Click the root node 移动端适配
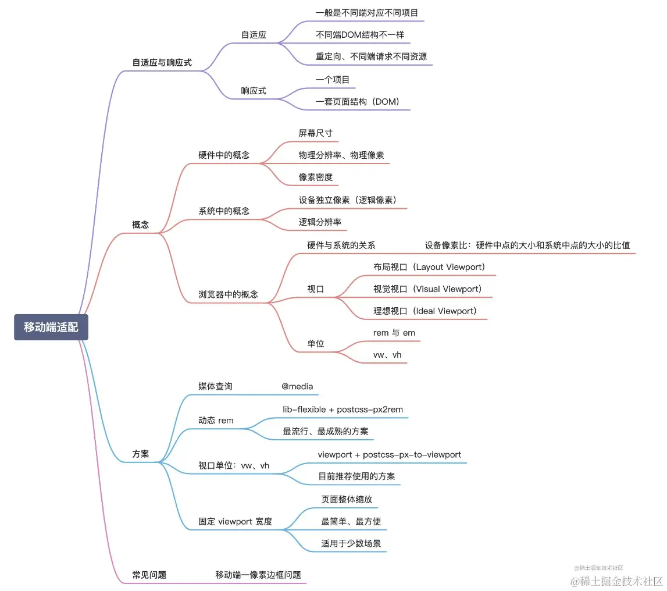tap(51, 327)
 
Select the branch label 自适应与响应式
tap(162, 62)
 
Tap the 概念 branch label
tap(141, 225)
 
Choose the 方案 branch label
tap(141, 454)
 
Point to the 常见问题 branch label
tap(149, 575)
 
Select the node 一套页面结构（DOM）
tap(358, 101)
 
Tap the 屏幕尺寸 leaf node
tap(315, 133)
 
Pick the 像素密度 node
tap(315, 177)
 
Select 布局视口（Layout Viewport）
tap(429, 267)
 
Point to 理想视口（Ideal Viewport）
tap(425, 311)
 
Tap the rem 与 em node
tap(394, 333)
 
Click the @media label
tap(297, 386)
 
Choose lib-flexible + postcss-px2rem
tap(343, 410)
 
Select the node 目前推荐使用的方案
tap(356, 476)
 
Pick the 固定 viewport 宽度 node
tap(235, 521)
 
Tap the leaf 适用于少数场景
tap(351, 543)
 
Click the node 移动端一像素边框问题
tap(258, 575)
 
